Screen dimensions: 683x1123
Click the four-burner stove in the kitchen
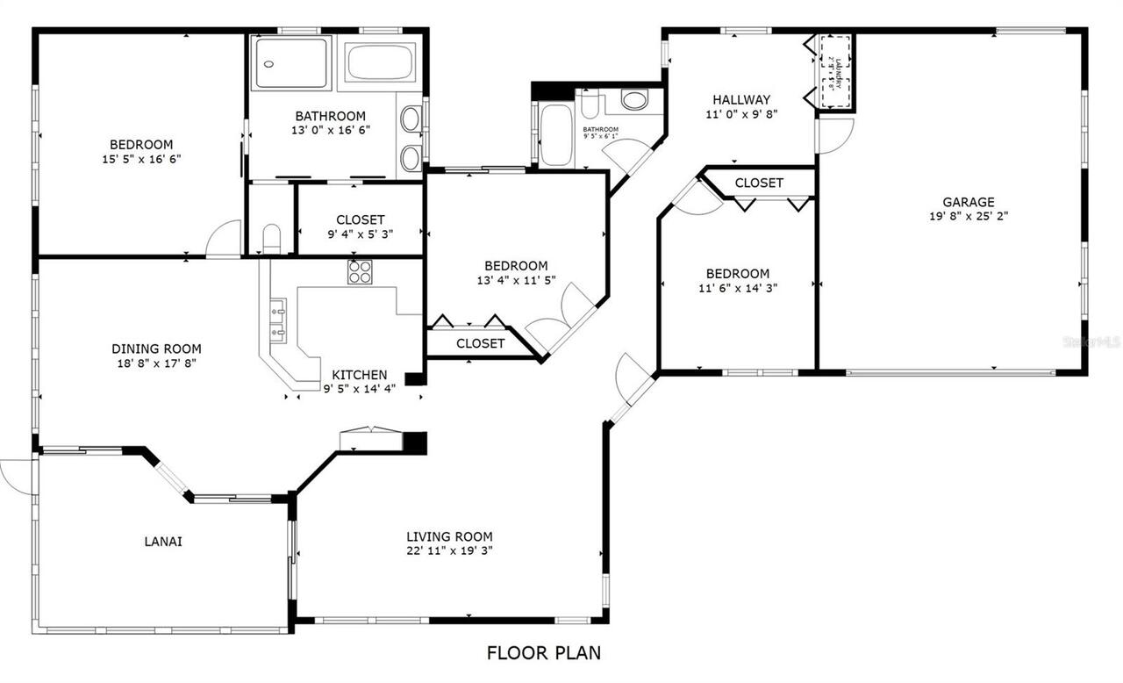tap(360, 272)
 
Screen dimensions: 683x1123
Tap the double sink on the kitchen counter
tap(279, 320)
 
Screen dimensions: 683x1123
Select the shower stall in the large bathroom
tap(293, 62)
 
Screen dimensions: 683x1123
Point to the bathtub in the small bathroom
tap(555, 135)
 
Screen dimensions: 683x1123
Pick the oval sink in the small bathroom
tap(634, 98)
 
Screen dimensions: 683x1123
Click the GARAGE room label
tap(969, 202)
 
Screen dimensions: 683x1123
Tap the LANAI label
tap(163, 542)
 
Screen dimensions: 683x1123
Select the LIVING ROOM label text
tap(449, 536)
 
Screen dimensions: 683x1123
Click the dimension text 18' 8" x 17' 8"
tap(156, 363)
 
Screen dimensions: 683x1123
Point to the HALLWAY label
tap(741, 99)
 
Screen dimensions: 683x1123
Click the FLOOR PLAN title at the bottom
tap(544, 652)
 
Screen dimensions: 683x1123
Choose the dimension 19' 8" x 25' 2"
tap(969, 216)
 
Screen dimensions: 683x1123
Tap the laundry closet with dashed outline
tap(835, 73)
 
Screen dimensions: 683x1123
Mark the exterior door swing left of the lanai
tap(16, 475)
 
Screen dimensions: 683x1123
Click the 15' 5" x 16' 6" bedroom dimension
tap(141, 159)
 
